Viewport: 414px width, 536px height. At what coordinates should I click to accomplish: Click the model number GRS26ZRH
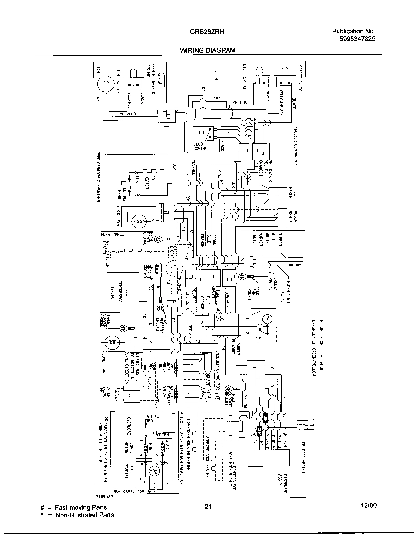[x=207, y=32]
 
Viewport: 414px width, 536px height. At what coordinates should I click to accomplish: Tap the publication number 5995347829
[x=357, y=39]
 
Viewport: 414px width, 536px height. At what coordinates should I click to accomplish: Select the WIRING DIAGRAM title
[x=208, y=50]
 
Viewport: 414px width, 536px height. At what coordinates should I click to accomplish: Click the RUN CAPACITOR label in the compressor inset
[x=129, y=491]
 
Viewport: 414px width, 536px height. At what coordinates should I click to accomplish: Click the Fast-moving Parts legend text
[x=81, y=507]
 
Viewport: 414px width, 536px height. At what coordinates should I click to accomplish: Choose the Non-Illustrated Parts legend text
[x=85, y=515]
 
